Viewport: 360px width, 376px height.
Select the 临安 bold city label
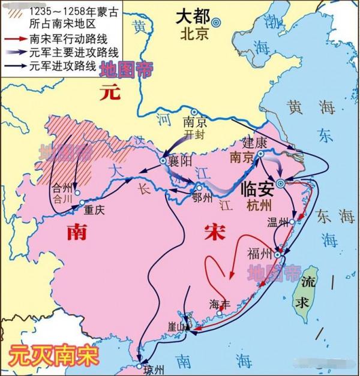click(257, 188)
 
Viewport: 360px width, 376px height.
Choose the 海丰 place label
click(220, 303)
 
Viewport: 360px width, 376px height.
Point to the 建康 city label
click(254, 144)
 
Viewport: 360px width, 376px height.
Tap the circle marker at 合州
click(77, 192)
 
